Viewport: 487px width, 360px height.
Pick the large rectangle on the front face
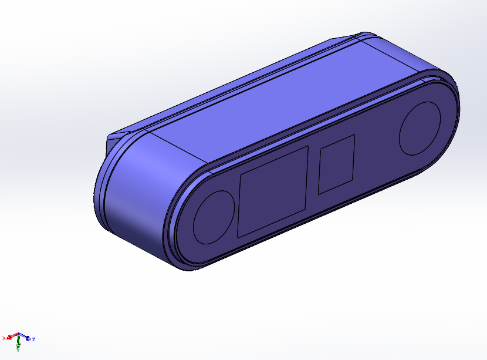pyautogui.click(x=273, y=192)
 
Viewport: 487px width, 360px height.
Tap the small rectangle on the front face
pyautogui.click(x=336, y=165)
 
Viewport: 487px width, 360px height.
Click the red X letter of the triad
pyautogui.click(x=4, y=338)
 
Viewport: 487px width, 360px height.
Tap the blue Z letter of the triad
pyautogui.click(x=33, y=339)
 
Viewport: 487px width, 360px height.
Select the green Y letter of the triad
pyautogui.click(x=18, y=349)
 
